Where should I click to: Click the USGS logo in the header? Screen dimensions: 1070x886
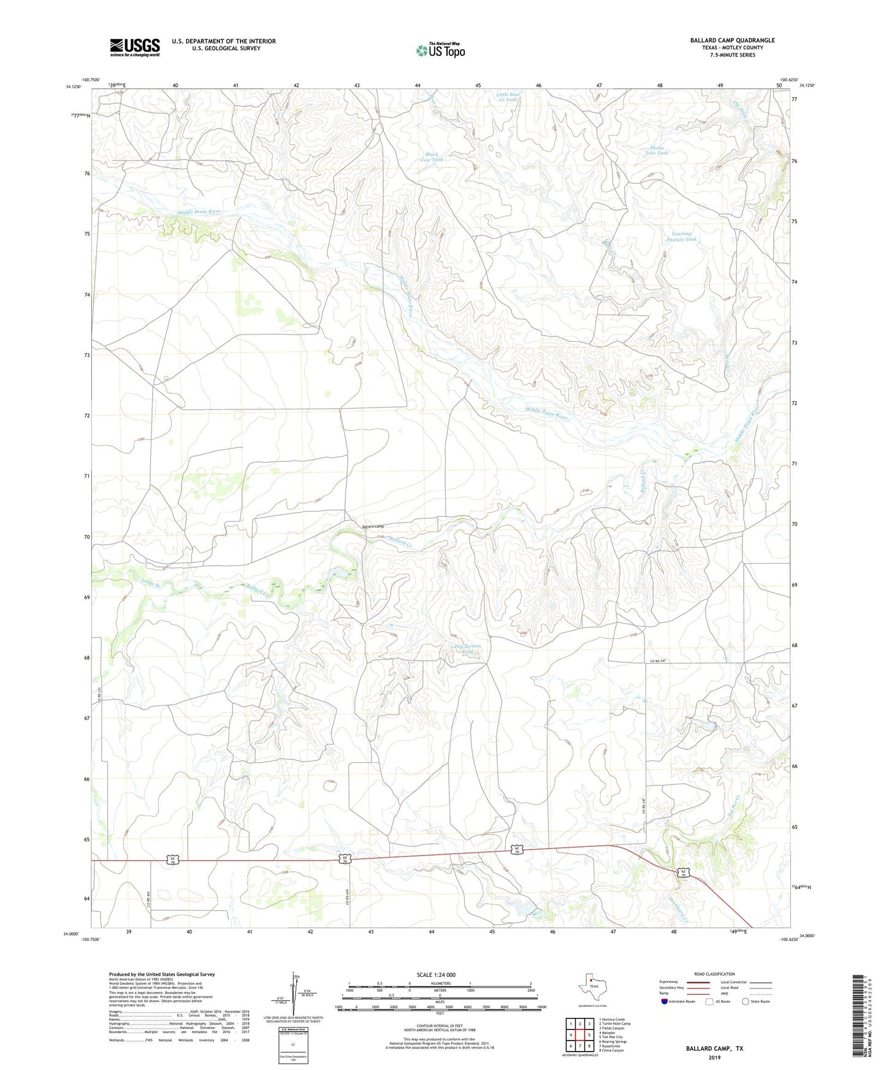coord(135,47)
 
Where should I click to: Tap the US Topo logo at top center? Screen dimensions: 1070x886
coord(440,50)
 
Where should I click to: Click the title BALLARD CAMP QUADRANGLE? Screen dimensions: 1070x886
coord(732,40)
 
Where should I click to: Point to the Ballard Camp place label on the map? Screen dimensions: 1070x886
coord(373,526)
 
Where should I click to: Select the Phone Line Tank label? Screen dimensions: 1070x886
coord(657,151)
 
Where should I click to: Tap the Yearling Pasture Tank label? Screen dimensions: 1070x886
coord(681,237)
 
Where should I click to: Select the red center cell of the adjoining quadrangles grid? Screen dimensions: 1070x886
coord(579,1034)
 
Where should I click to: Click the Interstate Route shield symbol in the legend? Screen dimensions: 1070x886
coord(665,1001)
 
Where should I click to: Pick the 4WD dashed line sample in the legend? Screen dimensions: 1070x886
coord(760,994)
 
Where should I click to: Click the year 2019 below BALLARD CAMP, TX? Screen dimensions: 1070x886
coord(714,1057)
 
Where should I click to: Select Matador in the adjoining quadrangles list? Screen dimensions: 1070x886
coord(608,1033)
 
